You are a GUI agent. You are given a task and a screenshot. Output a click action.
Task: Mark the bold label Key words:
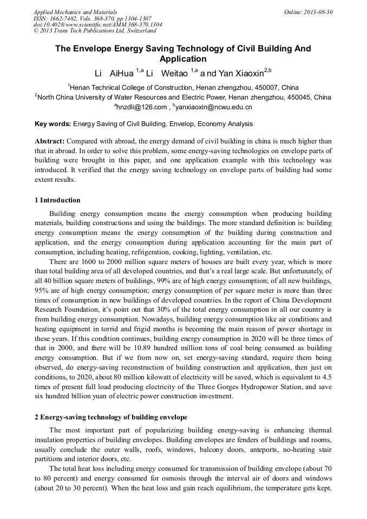point(53,123)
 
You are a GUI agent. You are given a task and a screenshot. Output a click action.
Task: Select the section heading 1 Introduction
point(57,200)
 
